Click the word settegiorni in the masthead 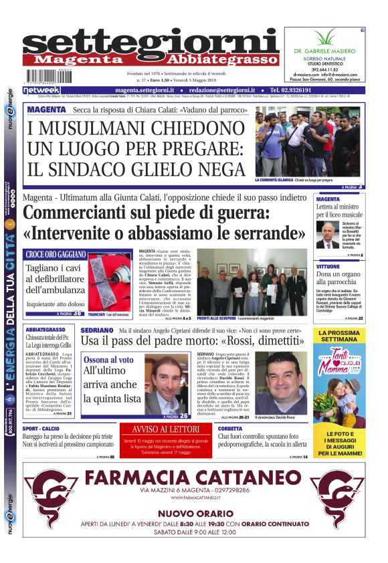151,41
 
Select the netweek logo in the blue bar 41,90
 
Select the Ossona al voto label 108,360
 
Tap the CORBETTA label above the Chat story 231,429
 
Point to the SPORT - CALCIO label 42,429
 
